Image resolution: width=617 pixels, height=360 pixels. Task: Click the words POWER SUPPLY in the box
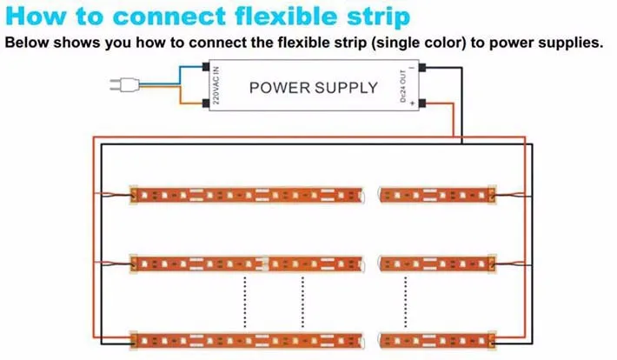[x=314, y=88]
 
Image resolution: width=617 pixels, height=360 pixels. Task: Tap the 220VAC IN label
[x=216, y=85]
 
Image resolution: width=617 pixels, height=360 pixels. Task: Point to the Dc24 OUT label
[x=403, y=86]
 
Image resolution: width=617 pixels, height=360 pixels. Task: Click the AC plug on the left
[x=124, y=84]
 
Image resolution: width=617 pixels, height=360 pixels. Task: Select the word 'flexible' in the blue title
[x=286, y=17]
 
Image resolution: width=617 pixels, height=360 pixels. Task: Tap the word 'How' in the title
[x=35, y=17]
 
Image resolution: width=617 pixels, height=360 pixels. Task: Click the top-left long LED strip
[x=247, y=195]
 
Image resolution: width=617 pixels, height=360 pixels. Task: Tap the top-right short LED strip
[x=438, y=195]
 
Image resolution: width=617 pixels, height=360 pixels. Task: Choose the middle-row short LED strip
[x=438, y=263]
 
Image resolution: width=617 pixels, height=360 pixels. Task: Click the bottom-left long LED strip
[x=247, y=340]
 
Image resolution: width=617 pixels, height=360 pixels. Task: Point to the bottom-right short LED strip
[x=438, y=340]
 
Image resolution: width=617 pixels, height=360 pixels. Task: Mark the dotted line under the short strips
[x=405, y=302]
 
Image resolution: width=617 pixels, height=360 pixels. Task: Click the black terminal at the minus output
[x=422, y=67]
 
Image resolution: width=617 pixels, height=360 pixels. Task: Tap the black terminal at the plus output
[x=422, y=103]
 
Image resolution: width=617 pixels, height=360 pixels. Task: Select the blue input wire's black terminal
[x=205, y=66]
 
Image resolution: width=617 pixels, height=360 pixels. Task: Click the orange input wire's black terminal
[x=205, y=103]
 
